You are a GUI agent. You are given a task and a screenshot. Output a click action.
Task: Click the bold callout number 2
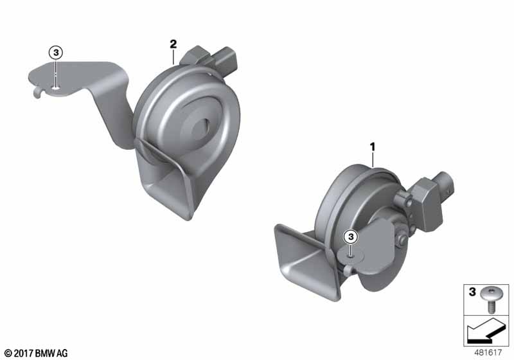[x=173, y=44]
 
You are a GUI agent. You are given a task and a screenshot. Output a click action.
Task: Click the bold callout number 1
[x=373, y=147]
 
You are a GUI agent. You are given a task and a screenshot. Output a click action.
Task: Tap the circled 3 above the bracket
[x=56, y=53]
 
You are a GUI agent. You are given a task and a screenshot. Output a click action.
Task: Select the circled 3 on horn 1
[x=351, y=237]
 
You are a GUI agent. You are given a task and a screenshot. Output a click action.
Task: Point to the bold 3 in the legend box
[x=472, y=291]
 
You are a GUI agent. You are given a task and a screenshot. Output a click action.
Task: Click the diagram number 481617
[x=488, y=352]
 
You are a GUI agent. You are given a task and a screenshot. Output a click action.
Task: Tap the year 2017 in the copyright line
[x=23, y=354]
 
